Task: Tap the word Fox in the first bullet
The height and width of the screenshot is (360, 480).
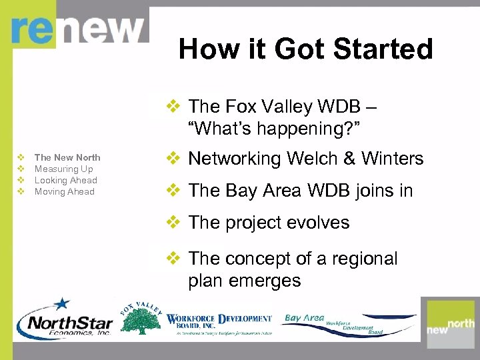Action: click(x=241, y=107)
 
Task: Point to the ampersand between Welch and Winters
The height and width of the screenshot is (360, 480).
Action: click(x=349, y=159)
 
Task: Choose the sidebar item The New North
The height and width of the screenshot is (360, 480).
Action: click(x=67, y=157)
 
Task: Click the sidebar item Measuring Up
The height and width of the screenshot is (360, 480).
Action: click(x=63, y=169)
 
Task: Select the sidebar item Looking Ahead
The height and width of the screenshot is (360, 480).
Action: click(x=65, y=180)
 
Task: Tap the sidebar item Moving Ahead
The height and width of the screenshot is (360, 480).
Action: click(x=64, y=191)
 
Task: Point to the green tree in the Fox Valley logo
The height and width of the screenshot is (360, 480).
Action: click(x=139, y=323)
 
